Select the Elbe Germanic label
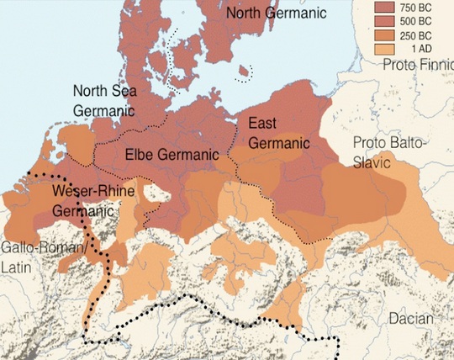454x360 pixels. pyautogui.click(x=172, y=155)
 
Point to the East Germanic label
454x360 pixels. pyautogui.click(x=279, y=134)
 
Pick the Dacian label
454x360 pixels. pyautogui.click(x=410, y=319)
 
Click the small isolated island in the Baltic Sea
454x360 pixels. pyautogui.click(x=245, y=74)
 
